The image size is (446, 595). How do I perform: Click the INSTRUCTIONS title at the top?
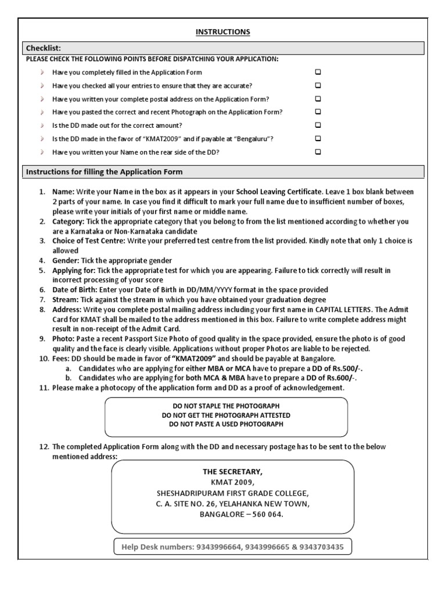[x=222, y=32]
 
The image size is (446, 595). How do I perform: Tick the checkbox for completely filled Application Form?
[x=318, y=73]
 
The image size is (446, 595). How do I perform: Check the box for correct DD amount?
[x=318, y=125]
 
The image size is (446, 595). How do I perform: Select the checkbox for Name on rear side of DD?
[x=318, y=152]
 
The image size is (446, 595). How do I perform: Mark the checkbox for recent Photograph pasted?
[x=318, y=112]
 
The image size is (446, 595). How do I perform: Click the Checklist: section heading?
[x=44, y=48]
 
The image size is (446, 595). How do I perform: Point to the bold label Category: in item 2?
[x=69, y=221]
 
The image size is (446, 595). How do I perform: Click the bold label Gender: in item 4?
[x=66, y=260]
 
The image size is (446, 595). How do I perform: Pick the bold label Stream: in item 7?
[x=66, y=299]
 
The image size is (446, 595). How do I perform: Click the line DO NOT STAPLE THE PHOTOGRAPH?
[x=226, y=407]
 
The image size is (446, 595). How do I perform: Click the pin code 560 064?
[x=265, y=514]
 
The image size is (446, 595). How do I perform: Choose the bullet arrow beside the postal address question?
[x=42, y=99]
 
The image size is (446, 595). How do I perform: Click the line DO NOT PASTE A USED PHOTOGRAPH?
[x=226, y=424]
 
